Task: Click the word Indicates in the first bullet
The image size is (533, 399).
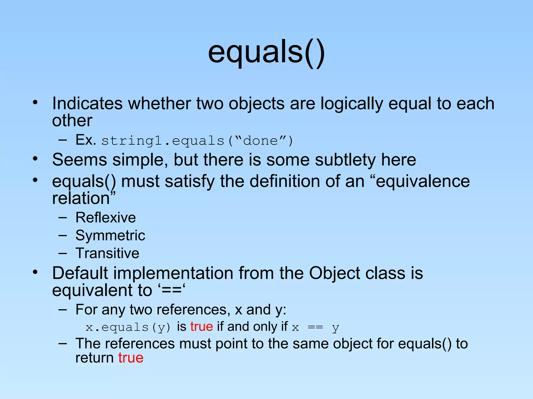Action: (87, 104)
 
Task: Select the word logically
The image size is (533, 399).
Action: (352, 104)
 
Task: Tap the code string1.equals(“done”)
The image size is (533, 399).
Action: (197, 141)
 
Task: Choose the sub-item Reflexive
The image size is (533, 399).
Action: (105, 217)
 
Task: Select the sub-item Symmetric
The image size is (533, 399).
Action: (110, 235)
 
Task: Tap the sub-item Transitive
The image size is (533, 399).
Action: (107, 253)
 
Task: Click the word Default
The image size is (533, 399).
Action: (80, 273)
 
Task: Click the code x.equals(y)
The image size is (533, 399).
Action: (128, 327)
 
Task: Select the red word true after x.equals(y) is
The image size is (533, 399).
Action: (201, 327)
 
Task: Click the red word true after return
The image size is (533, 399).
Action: (131, 358)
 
